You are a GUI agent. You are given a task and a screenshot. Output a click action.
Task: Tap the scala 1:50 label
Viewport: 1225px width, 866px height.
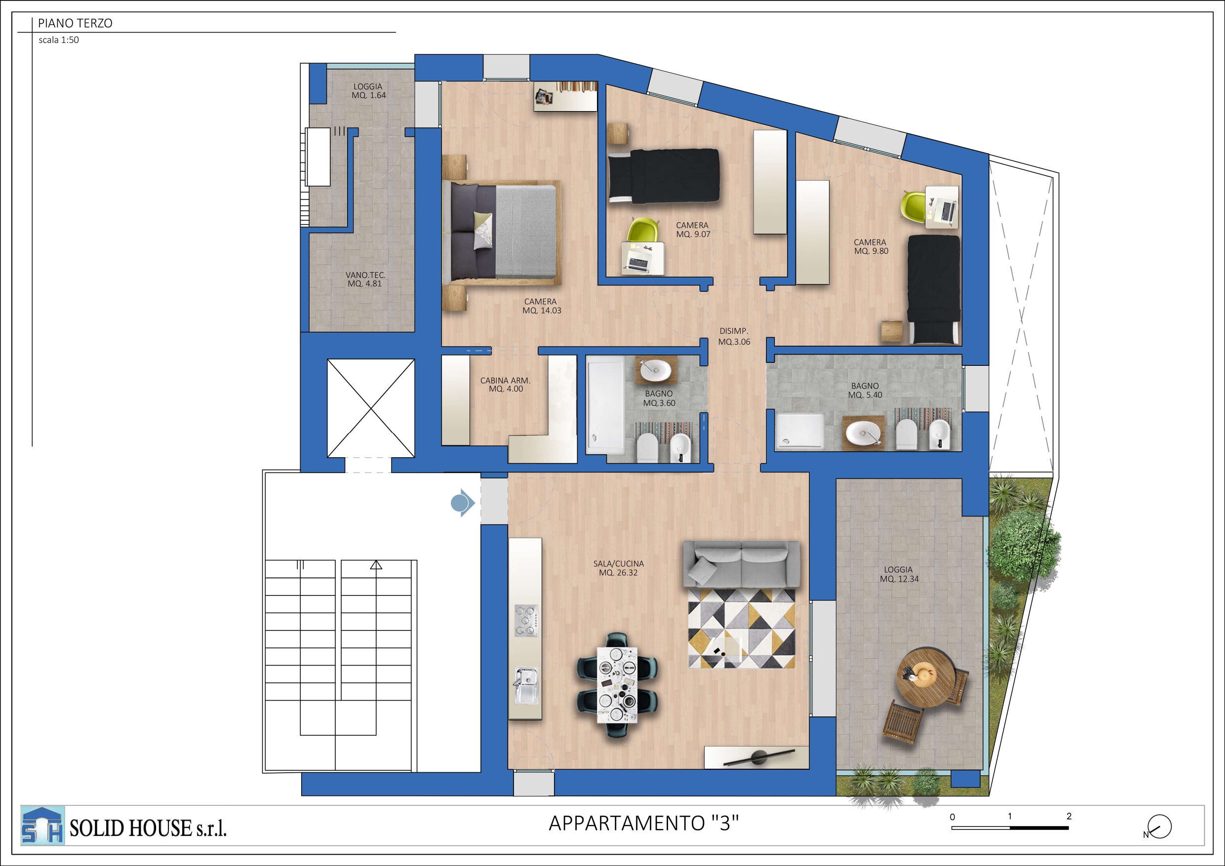pos(59,40)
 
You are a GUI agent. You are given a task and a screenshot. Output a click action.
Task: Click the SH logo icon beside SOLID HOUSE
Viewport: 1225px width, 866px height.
pos(42,826)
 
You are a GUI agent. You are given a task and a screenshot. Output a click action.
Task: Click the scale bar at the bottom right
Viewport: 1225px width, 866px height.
pos(1010,827)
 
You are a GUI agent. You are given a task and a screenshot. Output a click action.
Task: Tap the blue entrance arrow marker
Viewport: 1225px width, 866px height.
pos(463,503)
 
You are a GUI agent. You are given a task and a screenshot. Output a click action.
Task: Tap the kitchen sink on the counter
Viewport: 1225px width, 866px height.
pos(526,686)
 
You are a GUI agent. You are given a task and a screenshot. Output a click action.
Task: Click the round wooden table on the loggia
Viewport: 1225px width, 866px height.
pos(926,677)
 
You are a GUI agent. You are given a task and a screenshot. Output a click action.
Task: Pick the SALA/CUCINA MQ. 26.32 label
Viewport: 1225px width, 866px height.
pos(618,568)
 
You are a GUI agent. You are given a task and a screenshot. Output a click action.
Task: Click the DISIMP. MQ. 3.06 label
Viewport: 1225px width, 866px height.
pos(734,337)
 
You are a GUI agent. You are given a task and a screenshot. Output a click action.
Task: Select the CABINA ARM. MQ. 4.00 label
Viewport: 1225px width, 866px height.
pos(505,385)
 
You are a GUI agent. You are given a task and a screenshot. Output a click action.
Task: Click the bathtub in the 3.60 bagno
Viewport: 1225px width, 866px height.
pos(605,405)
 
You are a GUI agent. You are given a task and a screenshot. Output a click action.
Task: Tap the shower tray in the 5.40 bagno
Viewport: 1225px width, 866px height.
pos(800,432)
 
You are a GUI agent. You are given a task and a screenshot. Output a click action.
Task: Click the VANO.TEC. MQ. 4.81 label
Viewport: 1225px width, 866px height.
pos(365,279)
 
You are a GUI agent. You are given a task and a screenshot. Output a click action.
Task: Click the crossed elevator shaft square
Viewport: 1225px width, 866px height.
pos(371,408)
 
